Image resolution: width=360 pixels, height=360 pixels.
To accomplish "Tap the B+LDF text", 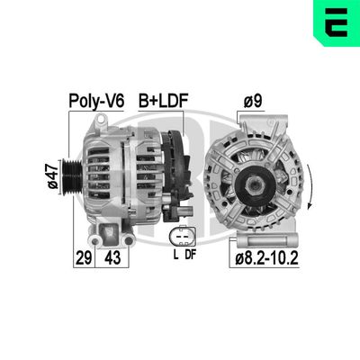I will point(161,99).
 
